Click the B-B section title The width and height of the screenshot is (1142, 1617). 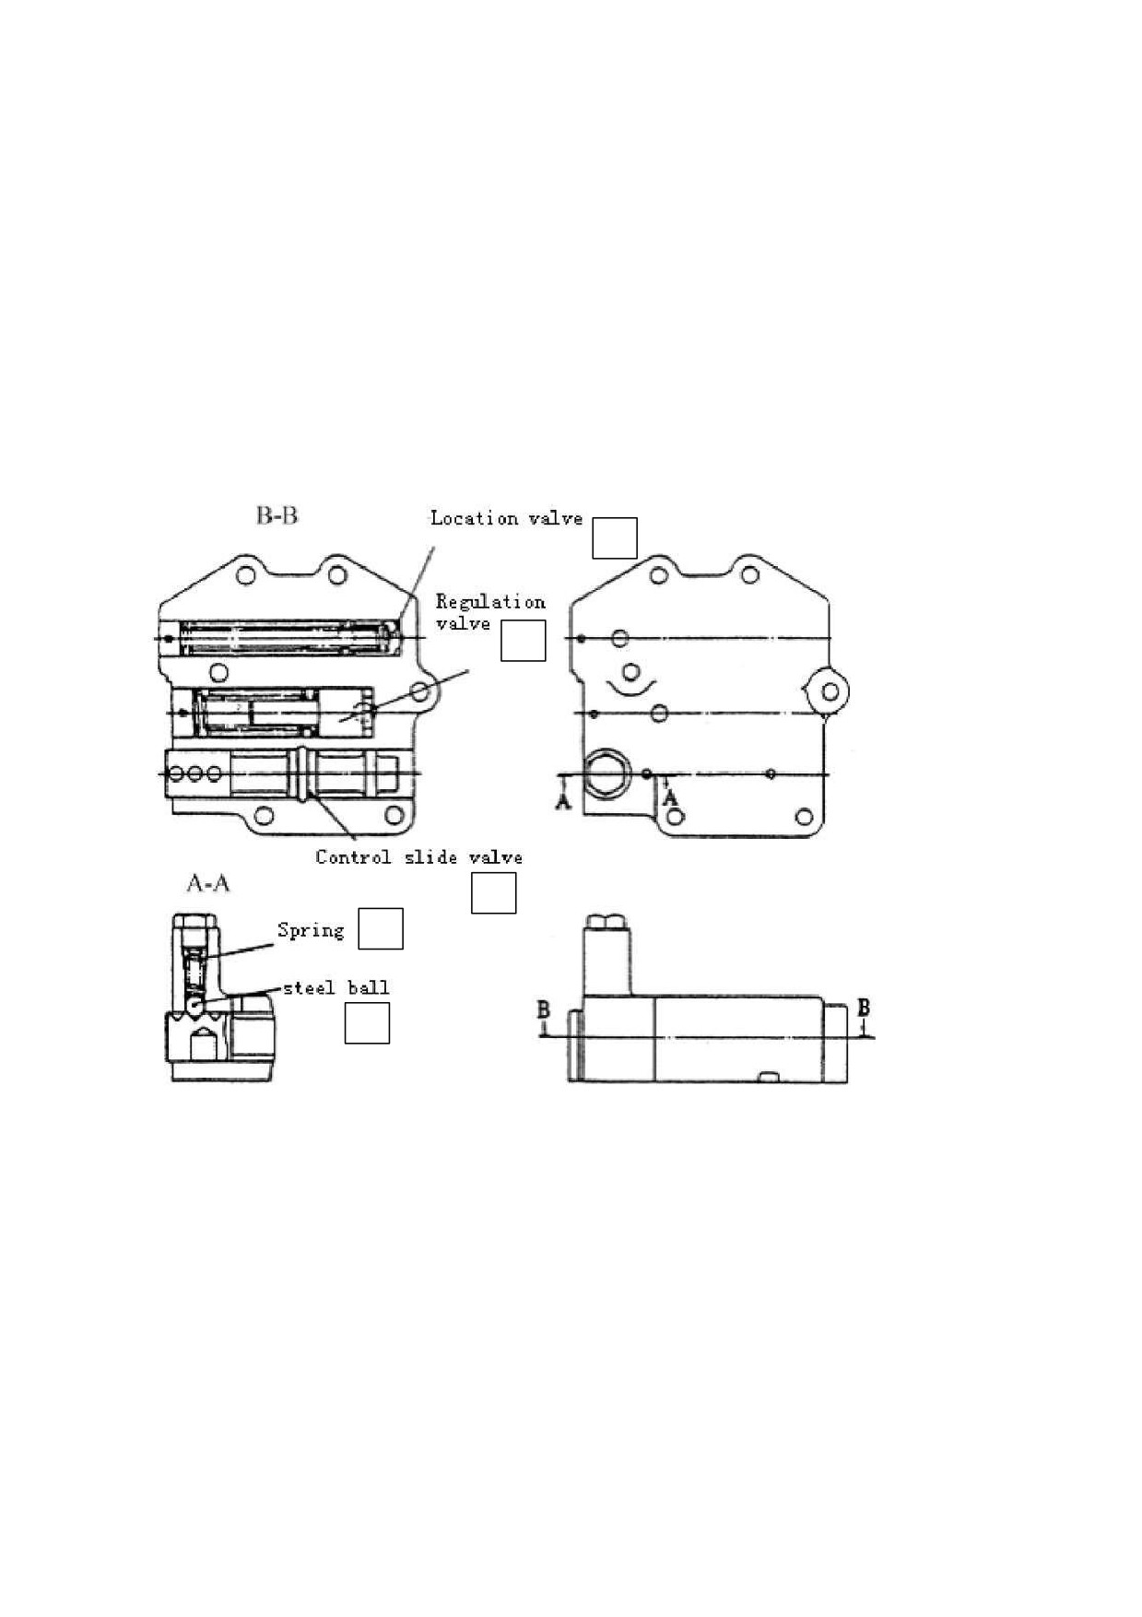(x=277, y=515)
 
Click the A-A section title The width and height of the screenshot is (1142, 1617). (x=207, y=884)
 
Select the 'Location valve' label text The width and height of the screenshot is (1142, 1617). (x=506, y=518)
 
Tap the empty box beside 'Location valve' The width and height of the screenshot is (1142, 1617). (x=614, y=538)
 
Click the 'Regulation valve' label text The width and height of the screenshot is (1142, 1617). (x=490, y=613)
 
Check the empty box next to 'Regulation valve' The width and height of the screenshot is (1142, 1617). (x=523, y=641)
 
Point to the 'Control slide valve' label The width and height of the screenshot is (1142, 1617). (x=418, y=857)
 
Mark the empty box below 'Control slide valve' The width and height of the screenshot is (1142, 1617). (x=493, y=893)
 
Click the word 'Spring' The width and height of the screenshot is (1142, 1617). (x=311, y=930)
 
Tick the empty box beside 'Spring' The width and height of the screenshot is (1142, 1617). (x=381, y=928)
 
